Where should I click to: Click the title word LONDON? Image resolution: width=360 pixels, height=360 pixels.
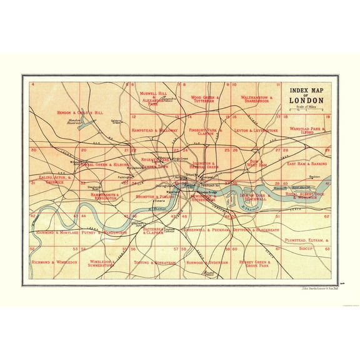[306, 101]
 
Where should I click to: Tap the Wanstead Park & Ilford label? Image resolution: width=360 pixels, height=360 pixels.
[309, 131]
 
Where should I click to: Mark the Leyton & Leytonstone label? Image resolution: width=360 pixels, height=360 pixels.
[255, 130]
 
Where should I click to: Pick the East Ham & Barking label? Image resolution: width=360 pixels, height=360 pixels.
[307, 163]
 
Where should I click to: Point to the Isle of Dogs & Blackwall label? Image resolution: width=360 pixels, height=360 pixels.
[255, 197]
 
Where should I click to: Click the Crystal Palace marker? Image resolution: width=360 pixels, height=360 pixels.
[209, 273]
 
